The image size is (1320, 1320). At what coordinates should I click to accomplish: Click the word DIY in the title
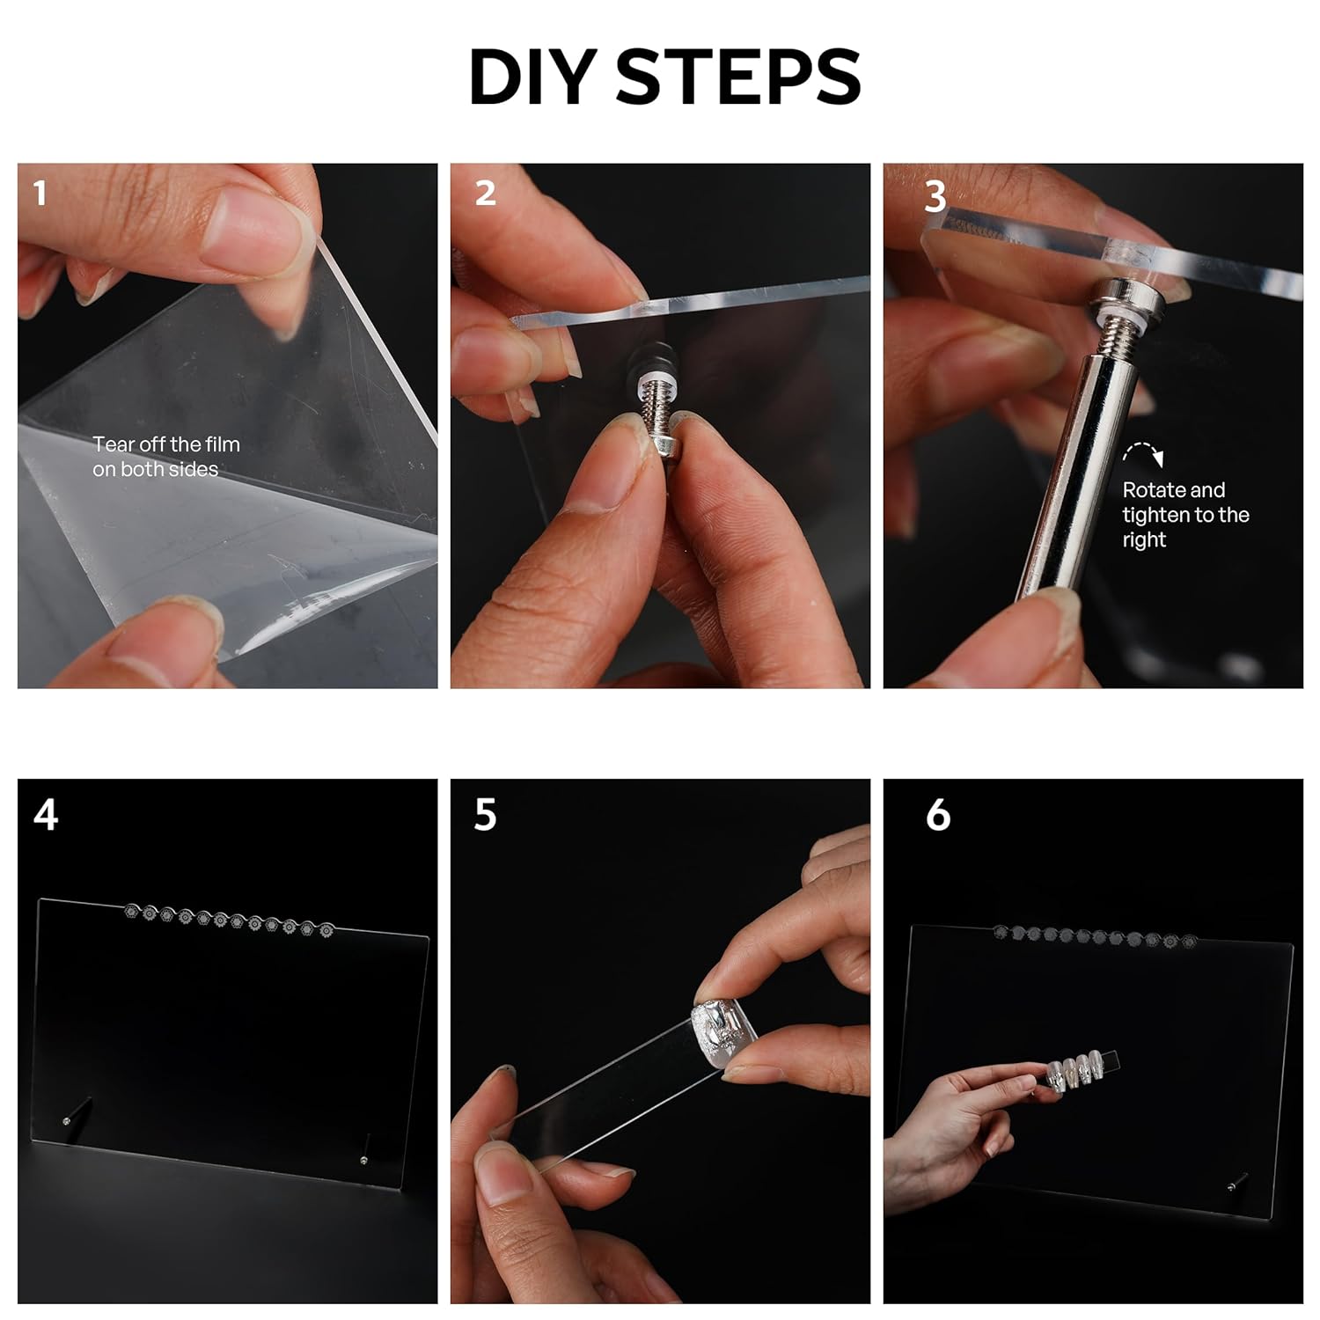coord(534,77)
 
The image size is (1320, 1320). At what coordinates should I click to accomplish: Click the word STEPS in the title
coord(738,77)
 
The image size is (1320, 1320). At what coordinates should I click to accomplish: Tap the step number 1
coord(40,194)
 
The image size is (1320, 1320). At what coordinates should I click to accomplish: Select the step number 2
coord(485,194)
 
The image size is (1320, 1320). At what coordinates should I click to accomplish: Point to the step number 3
coord(935,196)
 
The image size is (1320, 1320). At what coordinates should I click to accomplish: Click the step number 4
coord(46,815)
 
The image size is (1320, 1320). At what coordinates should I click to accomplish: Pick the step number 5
coord(485,815)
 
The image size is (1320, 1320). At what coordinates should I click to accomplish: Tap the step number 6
coord(938,815)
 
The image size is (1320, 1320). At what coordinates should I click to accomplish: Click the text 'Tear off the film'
coord(166,444)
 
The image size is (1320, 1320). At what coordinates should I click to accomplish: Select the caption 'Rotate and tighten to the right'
coord(1185,515)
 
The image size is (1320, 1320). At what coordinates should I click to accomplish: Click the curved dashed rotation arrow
coord(1143,452)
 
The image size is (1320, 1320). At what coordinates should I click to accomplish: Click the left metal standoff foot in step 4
coord(77,1111)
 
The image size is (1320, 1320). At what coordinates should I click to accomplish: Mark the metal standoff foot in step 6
coord(1237,1183)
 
